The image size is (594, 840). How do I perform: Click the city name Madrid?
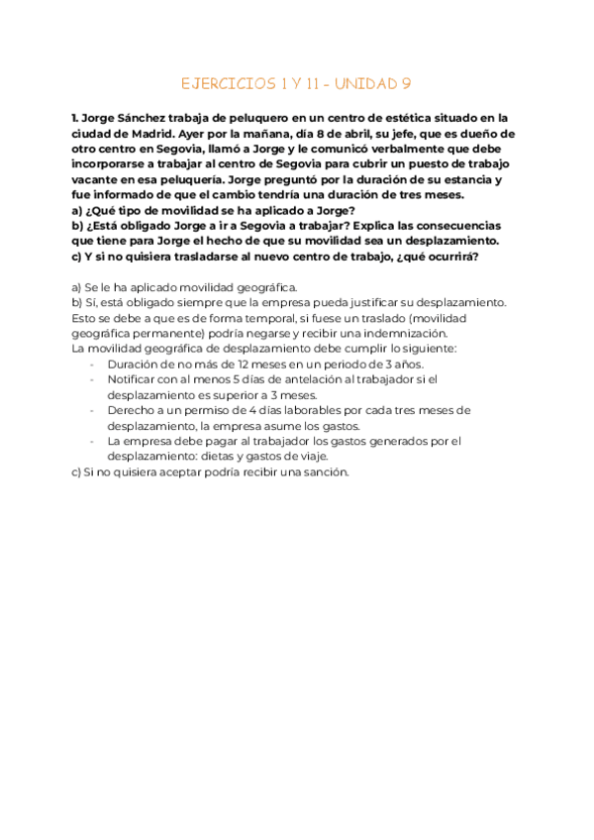tap(161, 133)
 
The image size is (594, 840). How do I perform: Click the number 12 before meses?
tap(218, 364)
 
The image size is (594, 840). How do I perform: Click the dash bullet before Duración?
tap(93, 364)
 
